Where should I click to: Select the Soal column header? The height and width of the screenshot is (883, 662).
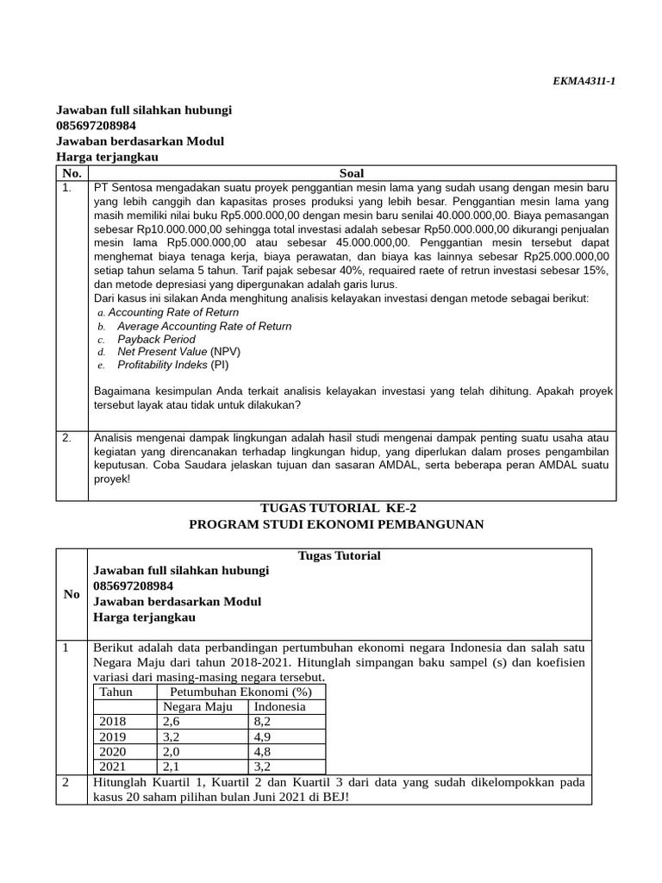pyautogui.click(x=352, y=173)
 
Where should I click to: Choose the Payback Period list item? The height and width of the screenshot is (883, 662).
pyautogui.click(x=156, y=339)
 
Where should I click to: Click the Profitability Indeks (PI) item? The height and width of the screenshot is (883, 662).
pyautogui.click(x=172, y=365)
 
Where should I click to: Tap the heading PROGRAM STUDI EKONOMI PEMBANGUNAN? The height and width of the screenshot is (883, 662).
pyautogui.click(x=336, y=524)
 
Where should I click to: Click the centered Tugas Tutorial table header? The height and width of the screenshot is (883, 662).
pyautogui.click(x=340, y=555)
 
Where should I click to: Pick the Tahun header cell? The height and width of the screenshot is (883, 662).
pyautogui.click(x=116, y=692)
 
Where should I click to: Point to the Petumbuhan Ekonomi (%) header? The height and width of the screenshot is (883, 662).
pyautogui.click(x=240, y=692)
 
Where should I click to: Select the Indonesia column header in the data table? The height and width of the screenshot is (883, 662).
pyautogui.click(x=278, y=707)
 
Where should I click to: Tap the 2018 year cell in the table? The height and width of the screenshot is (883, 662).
pyautogui.click(x=112, y=722)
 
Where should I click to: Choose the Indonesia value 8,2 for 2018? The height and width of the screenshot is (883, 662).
pyautogui.click(x=262, y=722)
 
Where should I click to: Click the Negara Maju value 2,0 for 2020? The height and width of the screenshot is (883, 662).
pyautogui.click(x=172, y=752)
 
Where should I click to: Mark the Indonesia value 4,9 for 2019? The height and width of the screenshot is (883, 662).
pyautogui.click(x=262, y=737)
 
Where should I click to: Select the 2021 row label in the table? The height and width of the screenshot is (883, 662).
pyautogui.click(x=112, y=767)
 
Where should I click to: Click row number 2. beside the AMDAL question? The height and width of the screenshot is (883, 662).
pyautogui.click(x=66, y=438)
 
